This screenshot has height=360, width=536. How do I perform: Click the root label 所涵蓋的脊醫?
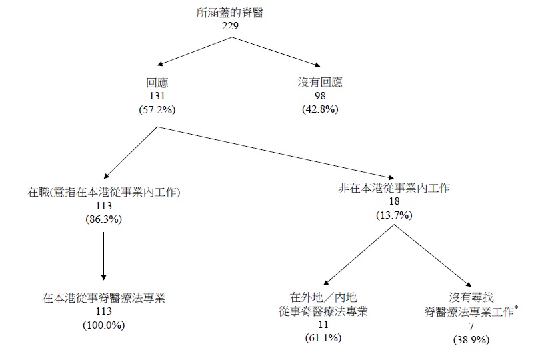tap(231, 13)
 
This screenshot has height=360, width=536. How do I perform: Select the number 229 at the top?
tap(231, 25)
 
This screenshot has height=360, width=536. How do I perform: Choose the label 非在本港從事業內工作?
tap(394, 189)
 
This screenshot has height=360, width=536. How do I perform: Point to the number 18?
tap(394, 201)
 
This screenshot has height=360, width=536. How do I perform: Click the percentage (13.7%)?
tap(394, 214)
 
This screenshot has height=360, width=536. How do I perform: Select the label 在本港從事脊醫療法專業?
tap(103, 298)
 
